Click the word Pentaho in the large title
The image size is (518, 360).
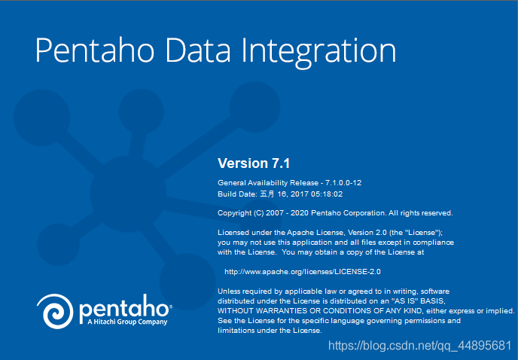[95, 50]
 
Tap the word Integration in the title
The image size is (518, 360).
[318, 53]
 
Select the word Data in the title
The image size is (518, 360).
[198, 50]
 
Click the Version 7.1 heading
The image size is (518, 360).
[254, 163]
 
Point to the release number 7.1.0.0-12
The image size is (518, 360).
[343, 183]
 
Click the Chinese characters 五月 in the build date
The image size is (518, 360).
[267, 194]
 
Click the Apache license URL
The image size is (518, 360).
[303, 272]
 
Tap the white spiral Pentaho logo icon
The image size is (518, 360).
[55, 311]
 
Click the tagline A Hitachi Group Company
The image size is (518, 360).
[127, 322]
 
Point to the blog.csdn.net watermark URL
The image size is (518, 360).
[419, 346]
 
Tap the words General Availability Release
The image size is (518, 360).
[268, 183]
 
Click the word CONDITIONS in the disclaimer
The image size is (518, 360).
[348, 311]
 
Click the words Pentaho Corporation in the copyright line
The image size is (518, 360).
[349, 213]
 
